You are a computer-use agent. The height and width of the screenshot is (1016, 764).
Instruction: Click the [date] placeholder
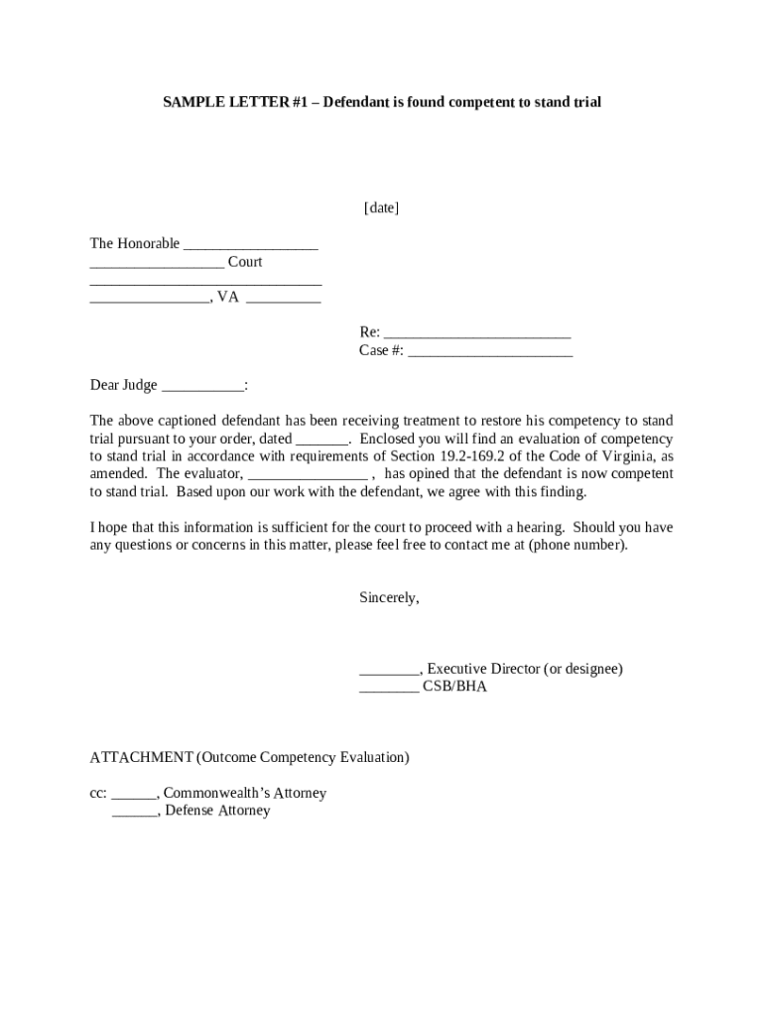coord(381,207)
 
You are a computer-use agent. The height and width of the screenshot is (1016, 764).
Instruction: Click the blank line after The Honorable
coord(251,244)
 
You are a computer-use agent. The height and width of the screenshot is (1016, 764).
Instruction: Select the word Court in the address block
coord(245,262)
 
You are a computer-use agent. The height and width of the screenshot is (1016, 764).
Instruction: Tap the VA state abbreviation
coord(228,297)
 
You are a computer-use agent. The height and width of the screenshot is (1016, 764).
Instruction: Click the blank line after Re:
coord(476,332)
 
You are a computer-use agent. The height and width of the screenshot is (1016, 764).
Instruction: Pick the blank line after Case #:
coord(490,350)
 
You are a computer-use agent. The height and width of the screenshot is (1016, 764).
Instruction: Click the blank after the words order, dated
coord(322,439)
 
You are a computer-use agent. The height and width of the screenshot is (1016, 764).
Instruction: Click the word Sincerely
coord(389,597)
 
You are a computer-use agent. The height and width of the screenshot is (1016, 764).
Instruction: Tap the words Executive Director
coord(483,669)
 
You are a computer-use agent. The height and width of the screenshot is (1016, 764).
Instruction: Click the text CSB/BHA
coord(455,686)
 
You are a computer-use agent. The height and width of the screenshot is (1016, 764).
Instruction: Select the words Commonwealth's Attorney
coord(244,793)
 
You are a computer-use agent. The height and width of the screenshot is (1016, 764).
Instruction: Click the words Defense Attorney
coord(217,811)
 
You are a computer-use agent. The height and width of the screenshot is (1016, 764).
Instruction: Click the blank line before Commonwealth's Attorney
coord(134,793)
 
